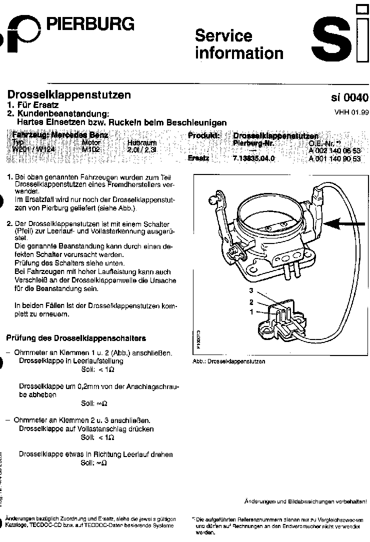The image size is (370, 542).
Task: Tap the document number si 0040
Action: (349, 98)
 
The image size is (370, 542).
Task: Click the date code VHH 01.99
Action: (351, 112)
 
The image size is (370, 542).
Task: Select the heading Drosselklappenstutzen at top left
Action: (69, 94)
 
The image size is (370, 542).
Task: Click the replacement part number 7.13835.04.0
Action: (254, 158)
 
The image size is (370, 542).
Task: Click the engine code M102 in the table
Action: (91, 149)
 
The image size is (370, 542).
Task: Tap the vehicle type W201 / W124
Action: (33, 149)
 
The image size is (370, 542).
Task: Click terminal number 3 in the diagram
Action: (252, 290)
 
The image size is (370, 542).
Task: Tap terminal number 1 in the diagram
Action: (252, 311)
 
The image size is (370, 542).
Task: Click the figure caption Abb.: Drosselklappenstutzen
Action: (228, 361)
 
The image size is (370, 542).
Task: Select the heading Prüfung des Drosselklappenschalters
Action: (75, 337)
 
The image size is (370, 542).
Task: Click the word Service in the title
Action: (223, 36)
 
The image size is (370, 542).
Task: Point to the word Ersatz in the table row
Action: (198, 158)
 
